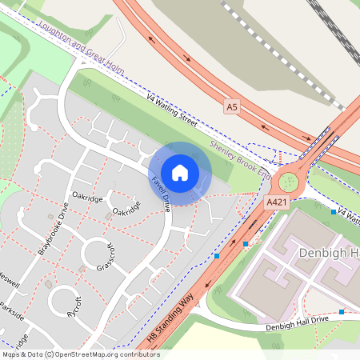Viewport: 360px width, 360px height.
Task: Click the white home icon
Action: pos(180,172)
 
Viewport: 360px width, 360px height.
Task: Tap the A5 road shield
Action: pos(232,105)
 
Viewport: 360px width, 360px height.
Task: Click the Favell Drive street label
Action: pos(161,194)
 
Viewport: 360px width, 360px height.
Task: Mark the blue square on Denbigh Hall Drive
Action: pos(342,311)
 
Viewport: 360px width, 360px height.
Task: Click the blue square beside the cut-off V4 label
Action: pos(333,212)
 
